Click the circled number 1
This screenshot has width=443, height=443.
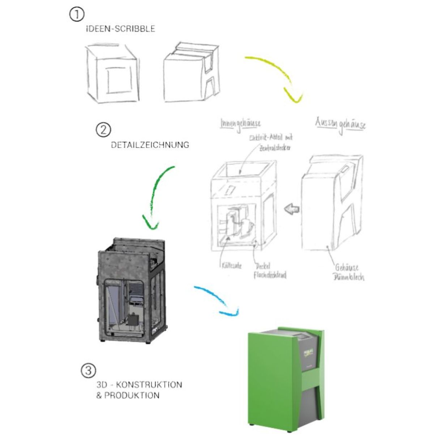point(76,14)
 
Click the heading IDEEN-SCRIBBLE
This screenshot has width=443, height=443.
point(120,29)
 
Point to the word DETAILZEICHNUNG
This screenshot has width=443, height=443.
point(150,145)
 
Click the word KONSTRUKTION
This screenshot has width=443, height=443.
point(149,384)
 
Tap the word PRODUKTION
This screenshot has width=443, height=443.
point(132,395)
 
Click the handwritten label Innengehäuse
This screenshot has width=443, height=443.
point(240,124)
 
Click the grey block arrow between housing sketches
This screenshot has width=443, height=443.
point(292,208)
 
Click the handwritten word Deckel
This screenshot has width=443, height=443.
point(263,266)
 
